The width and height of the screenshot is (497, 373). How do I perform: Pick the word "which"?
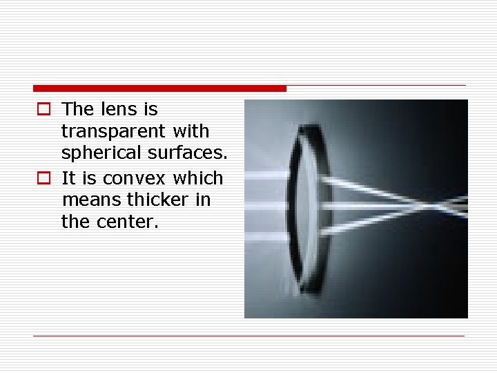[198, 178]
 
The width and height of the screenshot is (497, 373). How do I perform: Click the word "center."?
[129, 222]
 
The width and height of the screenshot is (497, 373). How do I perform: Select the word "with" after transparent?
[191, 131]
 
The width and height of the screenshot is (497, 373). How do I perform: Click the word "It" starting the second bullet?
[69, 178]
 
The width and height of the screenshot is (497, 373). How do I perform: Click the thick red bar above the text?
[159, 88]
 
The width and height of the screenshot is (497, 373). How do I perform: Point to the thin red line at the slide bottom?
[249, 336]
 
